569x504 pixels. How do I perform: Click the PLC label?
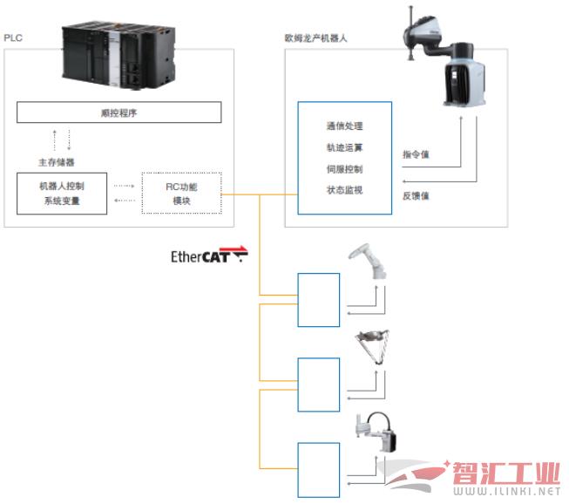coord(13,37)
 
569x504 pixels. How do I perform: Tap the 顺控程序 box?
coord(119,112)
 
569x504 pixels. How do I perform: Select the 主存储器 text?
coord(57,162)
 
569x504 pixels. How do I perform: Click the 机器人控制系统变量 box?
coord(62,194)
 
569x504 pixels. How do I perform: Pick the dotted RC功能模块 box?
coord(181,194)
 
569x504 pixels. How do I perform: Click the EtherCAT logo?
coord(209,255)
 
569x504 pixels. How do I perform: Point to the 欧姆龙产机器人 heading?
coord(315,38)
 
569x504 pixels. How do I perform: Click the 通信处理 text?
coord(345,126)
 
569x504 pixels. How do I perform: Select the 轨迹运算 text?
coord(345,147)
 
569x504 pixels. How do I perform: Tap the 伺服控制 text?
coord(345,169)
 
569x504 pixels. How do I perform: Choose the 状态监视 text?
coord(345,190)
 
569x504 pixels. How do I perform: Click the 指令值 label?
coord(416,154)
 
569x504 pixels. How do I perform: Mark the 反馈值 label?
coord(416,196)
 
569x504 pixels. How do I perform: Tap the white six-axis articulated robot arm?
coord(368,261)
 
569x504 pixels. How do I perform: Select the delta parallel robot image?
coord(373,347)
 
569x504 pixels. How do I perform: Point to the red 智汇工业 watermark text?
coord(505,473)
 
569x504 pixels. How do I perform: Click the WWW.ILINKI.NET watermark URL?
coord(506,491)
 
